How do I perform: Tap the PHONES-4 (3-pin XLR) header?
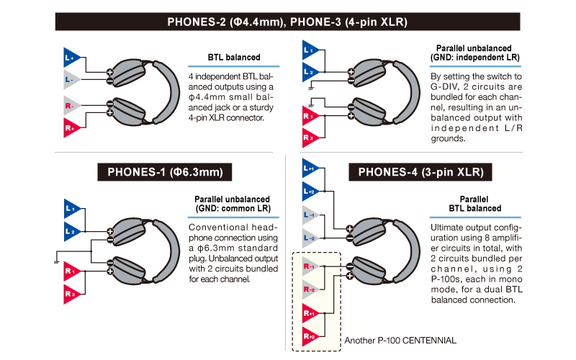click(420, 172)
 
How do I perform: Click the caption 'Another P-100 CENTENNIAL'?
click(400, 340)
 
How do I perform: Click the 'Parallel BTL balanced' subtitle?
click(474, 204)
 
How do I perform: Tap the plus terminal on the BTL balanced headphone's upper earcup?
click(109, 72)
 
